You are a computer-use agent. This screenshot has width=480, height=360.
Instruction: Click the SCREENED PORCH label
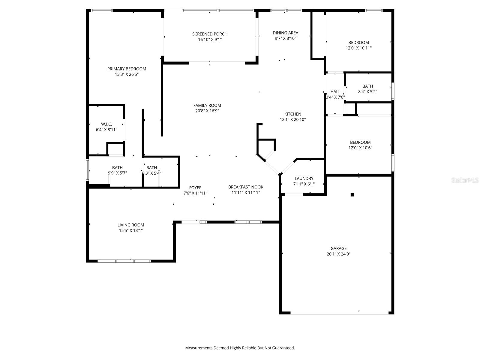(x=210, y=34)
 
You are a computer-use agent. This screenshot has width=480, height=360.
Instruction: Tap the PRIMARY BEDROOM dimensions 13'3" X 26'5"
(x=127, y=74)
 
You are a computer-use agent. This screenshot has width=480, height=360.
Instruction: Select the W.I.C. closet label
(x=106, y=124)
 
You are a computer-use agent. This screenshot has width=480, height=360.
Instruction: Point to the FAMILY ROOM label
(x=207, y=105)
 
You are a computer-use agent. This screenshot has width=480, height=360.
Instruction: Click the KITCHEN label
(x=292, y=114)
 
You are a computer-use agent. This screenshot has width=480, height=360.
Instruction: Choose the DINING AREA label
(x=285, y=33)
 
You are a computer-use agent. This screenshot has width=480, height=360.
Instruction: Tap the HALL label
(x=335, y=91)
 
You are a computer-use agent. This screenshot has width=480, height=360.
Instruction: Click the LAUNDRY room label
(x=304, y=178)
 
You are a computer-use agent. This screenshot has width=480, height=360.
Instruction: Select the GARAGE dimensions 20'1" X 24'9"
(x=339, y=254)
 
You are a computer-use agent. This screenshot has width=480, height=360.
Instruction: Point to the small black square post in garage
(x=352, y=195)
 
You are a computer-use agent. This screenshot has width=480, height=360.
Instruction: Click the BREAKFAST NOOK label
(x=246, y=187)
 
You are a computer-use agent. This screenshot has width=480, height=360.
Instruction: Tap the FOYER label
(x=195, y=188)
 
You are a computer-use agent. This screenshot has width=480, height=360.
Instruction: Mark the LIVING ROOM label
(x=131, y=225)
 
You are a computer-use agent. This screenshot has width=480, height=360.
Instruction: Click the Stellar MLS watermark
(x=465, y=180)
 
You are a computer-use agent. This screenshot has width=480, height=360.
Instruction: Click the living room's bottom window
(x=124, y=261)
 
